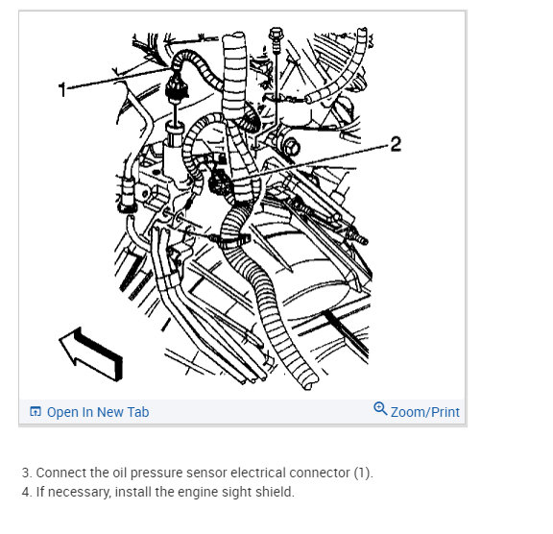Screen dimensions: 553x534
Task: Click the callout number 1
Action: tap(62, 89)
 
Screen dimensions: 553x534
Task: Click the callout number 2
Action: tap(396, 144)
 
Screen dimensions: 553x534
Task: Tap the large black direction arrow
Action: tap(92, 353)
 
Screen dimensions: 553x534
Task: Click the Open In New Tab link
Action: tap(98, 412)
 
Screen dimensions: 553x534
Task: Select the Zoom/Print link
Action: tap(425, 412)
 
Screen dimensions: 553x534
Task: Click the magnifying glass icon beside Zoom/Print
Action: tap(380, 408)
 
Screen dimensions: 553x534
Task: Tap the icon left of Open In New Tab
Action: tap(36, 411)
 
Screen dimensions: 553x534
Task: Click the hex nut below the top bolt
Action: tap(291, 147)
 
